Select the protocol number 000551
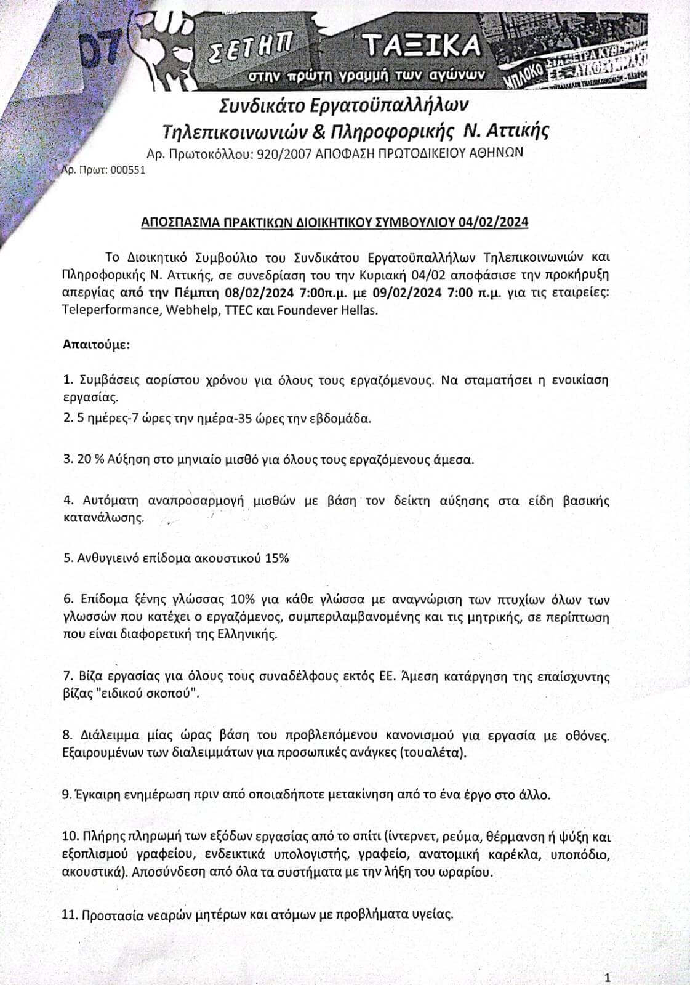128,171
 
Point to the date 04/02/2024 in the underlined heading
492,222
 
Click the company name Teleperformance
110,310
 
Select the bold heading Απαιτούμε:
96,344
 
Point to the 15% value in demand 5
276,558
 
